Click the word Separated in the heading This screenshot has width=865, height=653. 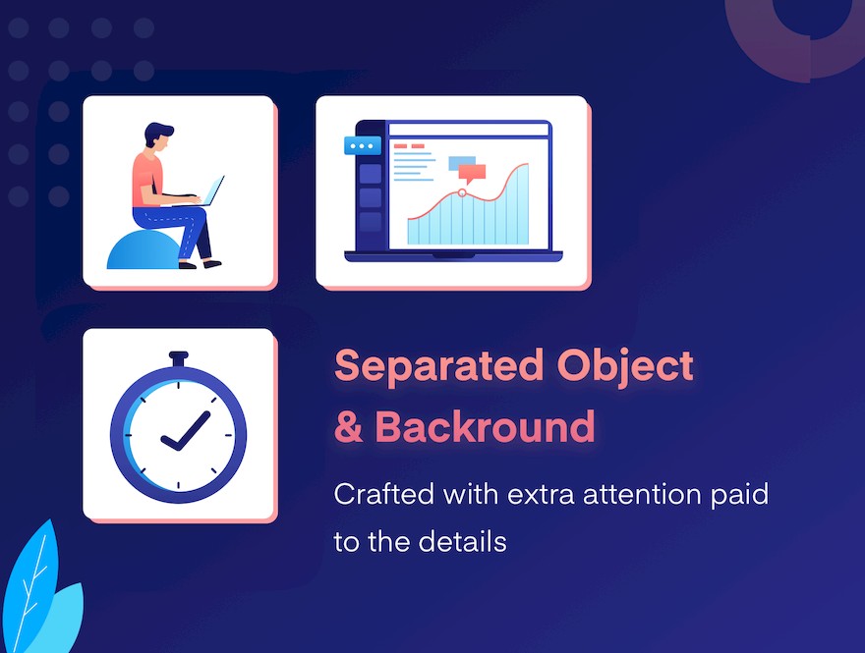(x=439, y=367)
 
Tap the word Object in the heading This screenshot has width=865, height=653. (x=625, y=367)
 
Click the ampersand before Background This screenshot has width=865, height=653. (x=349, y=427)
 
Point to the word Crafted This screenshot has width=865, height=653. (x=384, y=494)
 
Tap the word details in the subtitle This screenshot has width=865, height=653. (x=462, y=541)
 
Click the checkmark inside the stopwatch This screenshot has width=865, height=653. (x=186, y=431)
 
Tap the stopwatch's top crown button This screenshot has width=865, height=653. (x=179, y=358)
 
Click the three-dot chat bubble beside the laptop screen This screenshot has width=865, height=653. (x=363, y=146)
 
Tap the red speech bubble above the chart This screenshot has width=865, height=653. (x=472, y=174)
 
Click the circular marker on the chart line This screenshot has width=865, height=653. (x=462, y=192)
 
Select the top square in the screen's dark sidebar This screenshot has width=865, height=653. (x=371, y=174)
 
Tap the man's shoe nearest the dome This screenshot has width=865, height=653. (x=188, y=265)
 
